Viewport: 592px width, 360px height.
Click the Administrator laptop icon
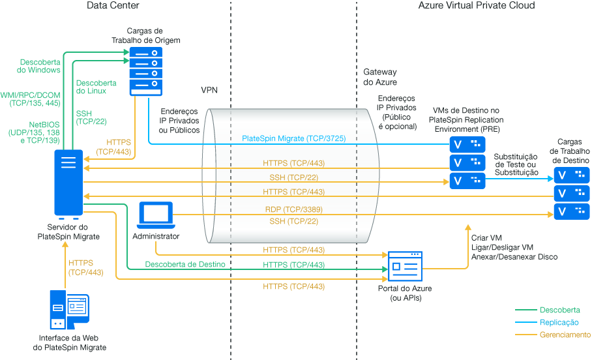(x=156, y=215)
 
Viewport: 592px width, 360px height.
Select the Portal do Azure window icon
(x=405, y=266)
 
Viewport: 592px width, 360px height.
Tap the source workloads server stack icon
(x=144, y=70)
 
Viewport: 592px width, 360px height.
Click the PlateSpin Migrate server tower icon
(x=68, y=183)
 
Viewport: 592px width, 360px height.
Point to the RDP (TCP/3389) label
(x=293, y=209)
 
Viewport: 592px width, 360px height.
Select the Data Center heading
(x=113, y=5)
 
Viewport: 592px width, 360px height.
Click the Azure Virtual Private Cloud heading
(x=476, y=5)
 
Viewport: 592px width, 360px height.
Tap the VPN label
(x=209, y=89)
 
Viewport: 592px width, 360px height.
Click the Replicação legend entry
(x=559, y=322)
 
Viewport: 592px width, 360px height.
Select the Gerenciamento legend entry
(x=565, y=335)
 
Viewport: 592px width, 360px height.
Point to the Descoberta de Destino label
(x=185, y=264)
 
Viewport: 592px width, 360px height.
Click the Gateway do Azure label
(x=379, y=78)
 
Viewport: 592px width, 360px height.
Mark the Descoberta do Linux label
(x=96, y=87)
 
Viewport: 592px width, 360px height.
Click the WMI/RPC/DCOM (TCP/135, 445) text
(x=31, y=98)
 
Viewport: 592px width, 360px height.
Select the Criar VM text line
(x=486, y=238)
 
